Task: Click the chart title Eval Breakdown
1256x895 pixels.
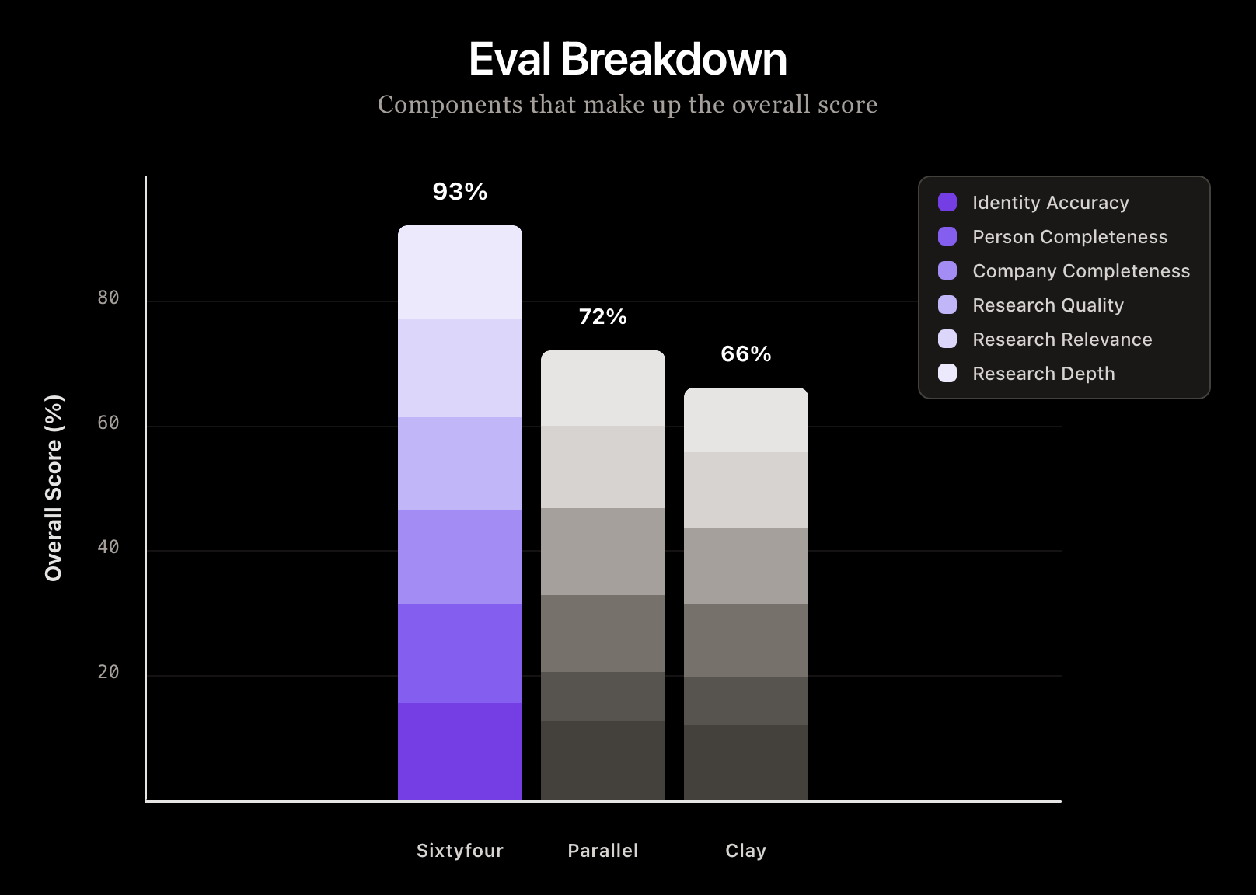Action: [x=627, y=59]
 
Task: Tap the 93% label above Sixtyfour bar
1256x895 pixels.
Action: [x=459, y=192]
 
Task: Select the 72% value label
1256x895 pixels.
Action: [x=602, y=317]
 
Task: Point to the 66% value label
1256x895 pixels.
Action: [x=745, y=354]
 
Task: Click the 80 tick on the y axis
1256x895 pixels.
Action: [x=108, y=298]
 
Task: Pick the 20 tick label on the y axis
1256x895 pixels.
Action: [x=108, y=672]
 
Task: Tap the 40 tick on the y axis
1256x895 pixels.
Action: [x=108, y=547]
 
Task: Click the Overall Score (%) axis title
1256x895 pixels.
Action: [x=54, y=488]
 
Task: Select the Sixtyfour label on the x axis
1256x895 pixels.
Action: [x=459, y=851]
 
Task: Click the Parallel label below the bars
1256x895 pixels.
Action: [x=602, y=851]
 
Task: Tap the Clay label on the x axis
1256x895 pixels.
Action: [x=745, y=851]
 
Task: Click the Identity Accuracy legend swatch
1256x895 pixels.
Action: [x=947, y=202]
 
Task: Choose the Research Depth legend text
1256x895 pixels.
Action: [x=1043, y=374]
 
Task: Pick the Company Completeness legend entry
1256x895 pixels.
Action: [x=1080, y=271]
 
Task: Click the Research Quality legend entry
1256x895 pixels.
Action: [x=1048, y=305]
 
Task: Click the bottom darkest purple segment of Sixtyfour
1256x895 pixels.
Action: [x=459, y=751]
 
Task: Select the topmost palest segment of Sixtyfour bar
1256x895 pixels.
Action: [x=459, y=272]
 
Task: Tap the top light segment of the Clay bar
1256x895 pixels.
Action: [x=745, y=420]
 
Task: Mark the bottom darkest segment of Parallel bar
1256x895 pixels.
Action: [x=602, y=760]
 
